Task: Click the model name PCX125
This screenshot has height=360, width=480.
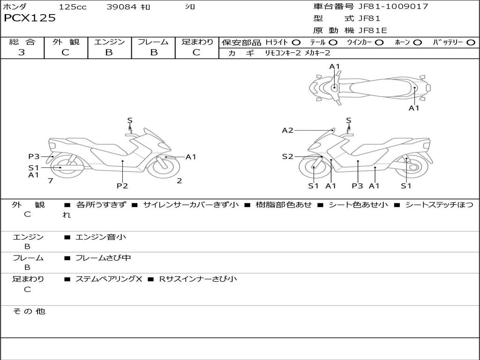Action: pyautogui.click(x=30, y=18)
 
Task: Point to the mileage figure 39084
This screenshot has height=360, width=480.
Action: pyautogui.click(x=120, y=7)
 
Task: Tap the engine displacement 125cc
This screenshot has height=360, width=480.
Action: pyautogui.click(x=73, y=7)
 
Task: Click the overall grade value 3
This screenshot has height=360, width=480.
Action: pyautogui.click(x=22, y=52)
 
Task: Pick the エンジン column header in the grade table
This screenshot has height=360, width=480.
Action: pyautogui.click(x=109, y=42)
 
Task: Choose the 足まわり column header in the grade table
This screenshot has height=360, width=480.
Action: pyautogui.click(x=197, y=42)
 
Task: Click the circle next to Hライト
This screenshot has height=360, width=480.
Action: pyautogui.click(x=296, y=43)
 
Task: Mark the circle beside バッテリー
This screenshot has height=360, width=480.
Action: pyautogui.click(x=471, y=43)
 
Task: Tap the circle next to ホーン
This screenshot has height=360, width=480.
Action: pyautogui.click(x=417, y=43)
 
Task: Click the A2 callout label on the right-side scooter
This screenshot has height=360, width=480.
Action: pyautogui.click(x=287, y=130)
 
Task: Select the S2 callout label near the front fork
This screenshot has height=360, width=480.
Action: pyautogui.click(x=287, y=157)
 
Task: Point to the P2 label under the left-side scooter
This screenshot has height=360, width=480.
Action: pyautogui.click(x=122, y=186)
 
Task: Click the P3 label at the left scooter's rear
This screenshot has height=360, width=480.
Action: pyautogui.click(x=34, y=157)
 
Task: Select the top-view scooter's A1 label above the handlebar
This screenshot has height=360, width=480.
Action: pyautogui.click(x=334, y=67)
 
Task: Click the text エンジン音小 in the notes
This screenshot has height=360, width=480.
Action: pyautogui.click(x=101, y=237)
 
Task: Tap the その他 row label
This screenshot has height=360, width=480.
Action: pyautogui.click(x=29, y=311)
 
